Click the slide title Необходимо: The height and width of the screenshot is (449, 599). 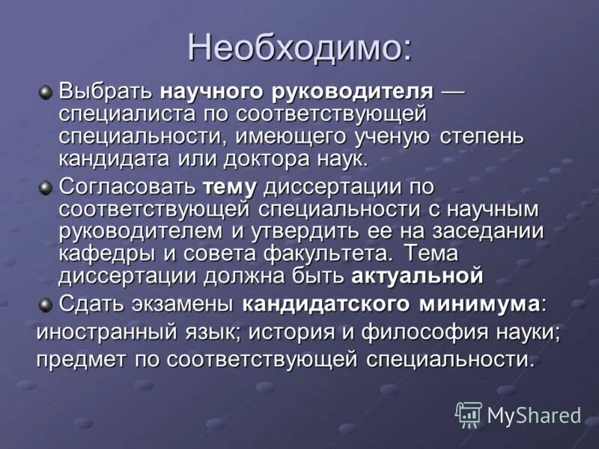click(x=299, y=48)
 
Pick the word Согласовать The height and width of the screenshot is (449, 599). click(x=127, y=186)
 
